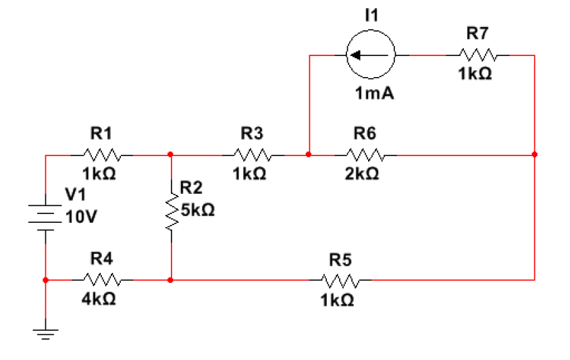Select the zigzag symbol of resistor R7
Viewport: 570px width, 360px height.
coord(478,55)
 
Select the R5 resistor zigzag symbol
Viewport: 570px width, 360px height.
coord(338,279)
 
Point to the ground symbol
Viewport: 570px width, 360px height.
coord(45,332)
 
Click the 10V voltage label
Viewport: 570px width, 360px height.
coord(81,217)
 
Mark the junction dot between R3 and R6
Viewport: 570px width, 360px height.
coord(309,155)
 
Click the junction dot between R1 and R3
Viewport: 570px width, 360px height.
coord(172,155)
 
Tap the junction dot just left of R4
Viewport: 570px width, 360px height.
coord(45,279)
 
